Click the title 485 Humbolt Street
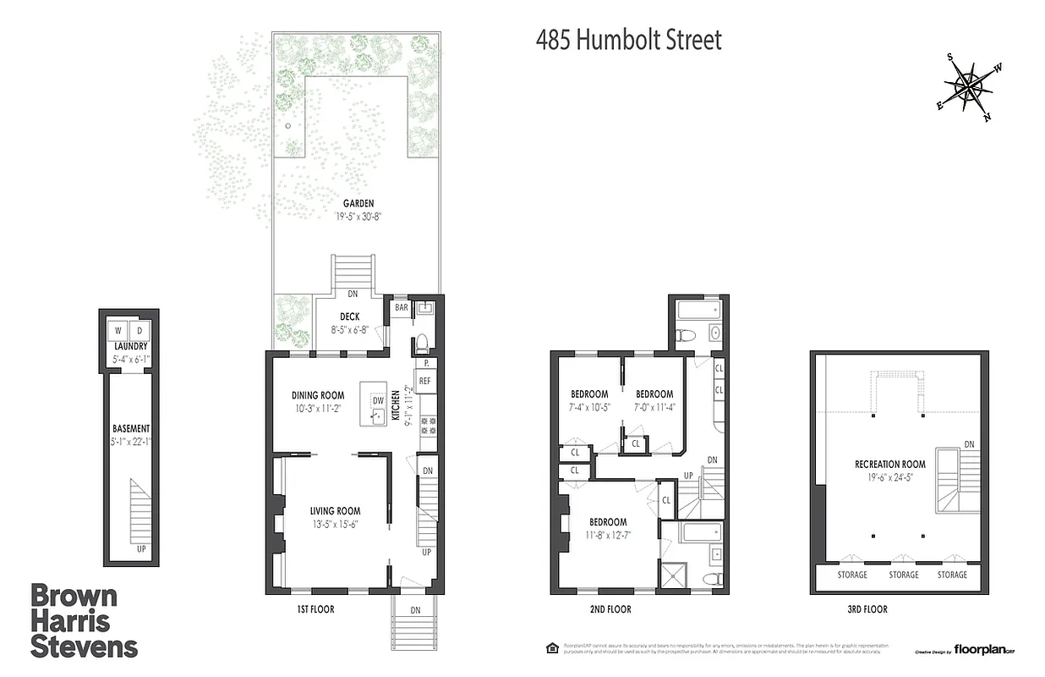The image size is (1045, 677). click(x=629, y=40)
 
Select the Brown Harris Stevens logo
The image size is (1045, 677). click(x=83, y=621)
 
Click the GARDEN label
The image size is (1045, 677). click(x=358, y=203)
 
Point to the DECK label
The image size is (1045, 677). click(x=349, y=317)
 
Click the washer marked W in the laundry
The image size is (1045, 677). click(x=118, y=330)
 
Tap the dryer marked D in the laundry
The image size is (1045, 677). click(x=139, y=330)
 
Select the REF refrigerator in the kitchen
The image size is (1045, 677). click(x=424, y=382)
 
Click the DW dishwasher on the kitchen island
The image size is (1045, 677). click(x=378, y=399)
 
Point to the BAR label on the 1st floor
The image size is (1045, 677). click(x=402, y=308)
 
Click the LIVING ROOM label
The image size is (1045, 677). click(x=335, y=511)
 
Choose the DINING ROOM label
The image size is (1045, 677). click(x=318, y=395)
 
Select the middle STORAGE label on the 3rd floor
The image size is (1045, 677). click(x=903, y=575)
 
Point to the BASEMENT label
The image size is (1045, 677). click(x=130, y=428)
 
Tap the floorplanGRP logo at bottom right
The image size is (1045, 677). click(x=985, y=650)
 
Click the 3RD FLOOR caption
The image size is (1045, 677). click(x=864, y=609)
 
